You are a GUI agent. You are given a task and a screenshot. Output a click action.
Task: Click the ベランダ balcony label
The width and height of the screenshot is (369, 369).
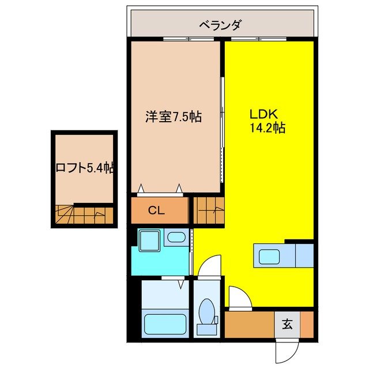coord(220,24)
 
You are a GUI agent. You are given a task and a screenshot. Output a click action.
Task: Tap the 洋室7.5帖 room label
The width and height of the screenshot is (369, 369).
coord(173,116)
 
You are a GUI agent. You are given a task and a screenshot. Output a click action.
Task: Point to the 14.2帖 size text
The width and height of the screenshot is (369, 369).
coord(267,128)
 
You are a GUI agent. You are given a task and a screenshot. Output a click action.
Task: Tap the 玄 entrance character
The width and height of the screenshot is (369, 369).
coord(287,324)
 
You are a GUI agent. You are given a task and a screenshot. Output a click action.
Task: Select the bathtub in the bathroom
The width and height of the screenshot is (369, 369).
coord(163,324)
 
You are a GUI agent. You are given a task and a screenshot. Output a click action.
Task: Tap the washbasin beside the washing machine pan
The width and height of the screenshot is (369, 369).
coord(175,237)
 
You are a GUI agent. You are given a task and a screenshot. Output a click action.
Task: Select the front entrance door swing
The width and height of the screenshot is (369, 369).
coord(287,349)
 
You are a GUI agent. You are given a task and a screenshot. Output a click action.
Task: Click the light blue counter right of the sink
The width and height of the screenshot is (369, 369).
coord(304,255)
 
